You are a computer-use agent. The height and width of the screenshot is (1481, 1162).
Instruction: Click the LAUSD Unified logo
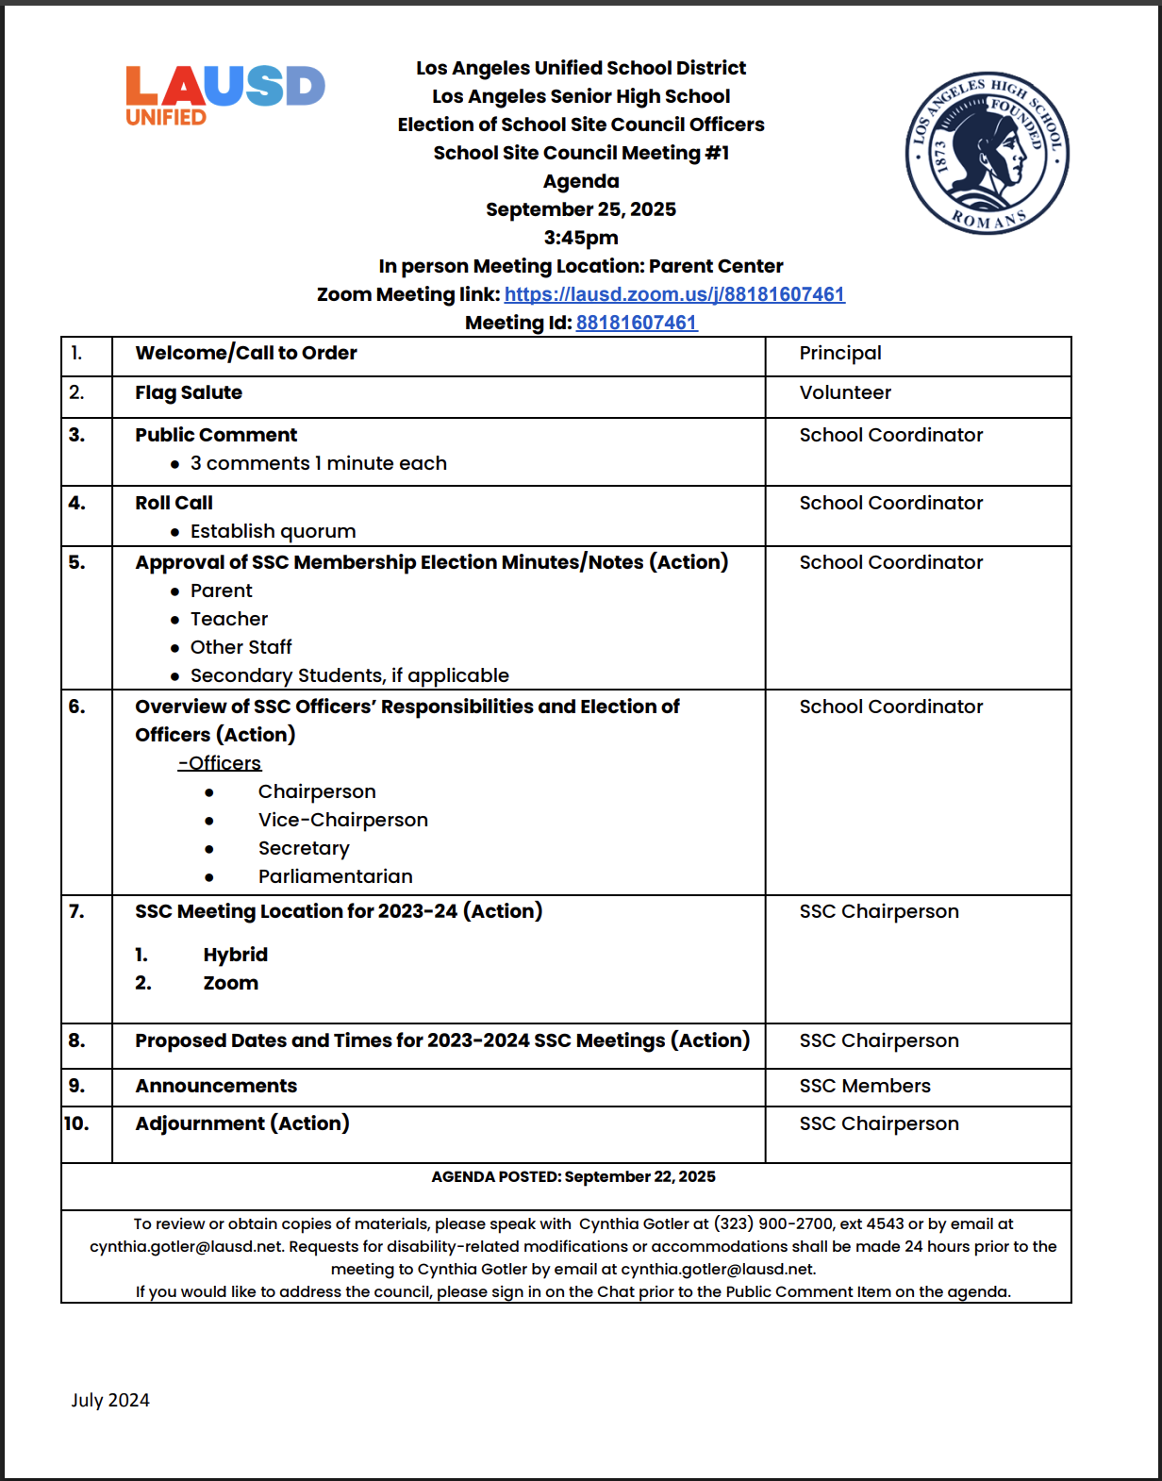click(x=224, y=95)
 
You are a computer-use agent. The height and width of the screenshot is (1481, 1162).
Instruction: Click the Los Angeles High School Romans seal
click(x=987, y=153)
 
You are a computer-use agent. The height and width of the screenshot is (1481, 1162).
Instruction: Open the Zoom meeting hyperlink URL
click(x=674, y=294)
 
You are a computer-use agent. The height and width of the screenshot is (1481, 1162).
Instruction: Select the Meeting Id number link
click(x=637, y=323)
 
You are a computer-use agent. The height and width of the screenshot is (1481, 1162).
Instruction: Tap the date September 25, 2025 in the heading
click(x=581, y=209)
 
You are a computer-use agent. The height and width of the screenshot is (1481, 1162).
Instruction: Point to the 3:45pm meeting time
click(x=581, y=238)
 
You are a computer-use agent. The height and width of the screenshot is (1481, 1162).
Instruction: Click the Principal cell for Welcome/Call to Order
click(x=840, y=353)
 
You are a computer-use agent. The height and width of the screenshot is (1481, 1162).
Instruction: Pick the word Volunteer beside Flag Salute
click(x=845, y=392)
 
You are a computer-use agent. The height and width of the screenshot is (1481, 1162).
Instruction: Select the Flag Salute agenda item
click(x=189, y=392)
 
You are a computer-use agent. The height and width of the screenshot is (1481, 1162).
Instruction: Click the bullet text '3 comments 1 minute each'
click(x=318, y=463)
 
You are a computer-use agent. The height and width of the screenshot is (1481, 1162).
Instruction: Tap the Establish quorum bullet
click(x=273, y=531)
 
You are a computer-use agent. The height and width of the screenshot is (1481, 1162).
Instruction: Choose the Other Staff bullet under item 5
click(x=241, y=647)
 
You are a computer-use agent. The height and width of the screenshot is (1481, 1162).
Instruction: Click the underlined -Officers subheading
click(x=220, y=762)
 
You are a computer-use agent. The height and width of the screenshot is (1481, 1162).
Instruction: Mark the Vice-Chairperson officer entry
click(x=343, y=820)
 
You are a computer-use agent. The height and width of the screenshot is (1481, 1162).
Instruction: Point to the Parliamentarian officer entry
click(x=335, y=876)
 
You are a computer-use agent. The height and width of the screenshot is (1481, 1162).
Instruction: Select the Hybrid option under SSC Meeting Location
click(x=235, y=955)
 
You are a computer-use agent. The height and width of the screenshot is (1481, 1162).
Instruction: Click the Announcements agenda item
click(x=216, y=1086)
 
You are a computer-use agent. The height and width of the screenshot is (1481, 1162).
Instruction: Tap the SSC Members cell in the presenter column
click(x=865, y=1086)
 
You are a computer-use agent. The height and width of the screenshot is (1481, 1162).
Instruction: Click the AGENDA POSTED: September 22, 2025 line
click(x=573, y=1176)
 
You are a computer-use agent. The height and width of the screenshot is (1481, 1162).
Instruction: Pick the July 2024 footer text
click(x=110, y=1400)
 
